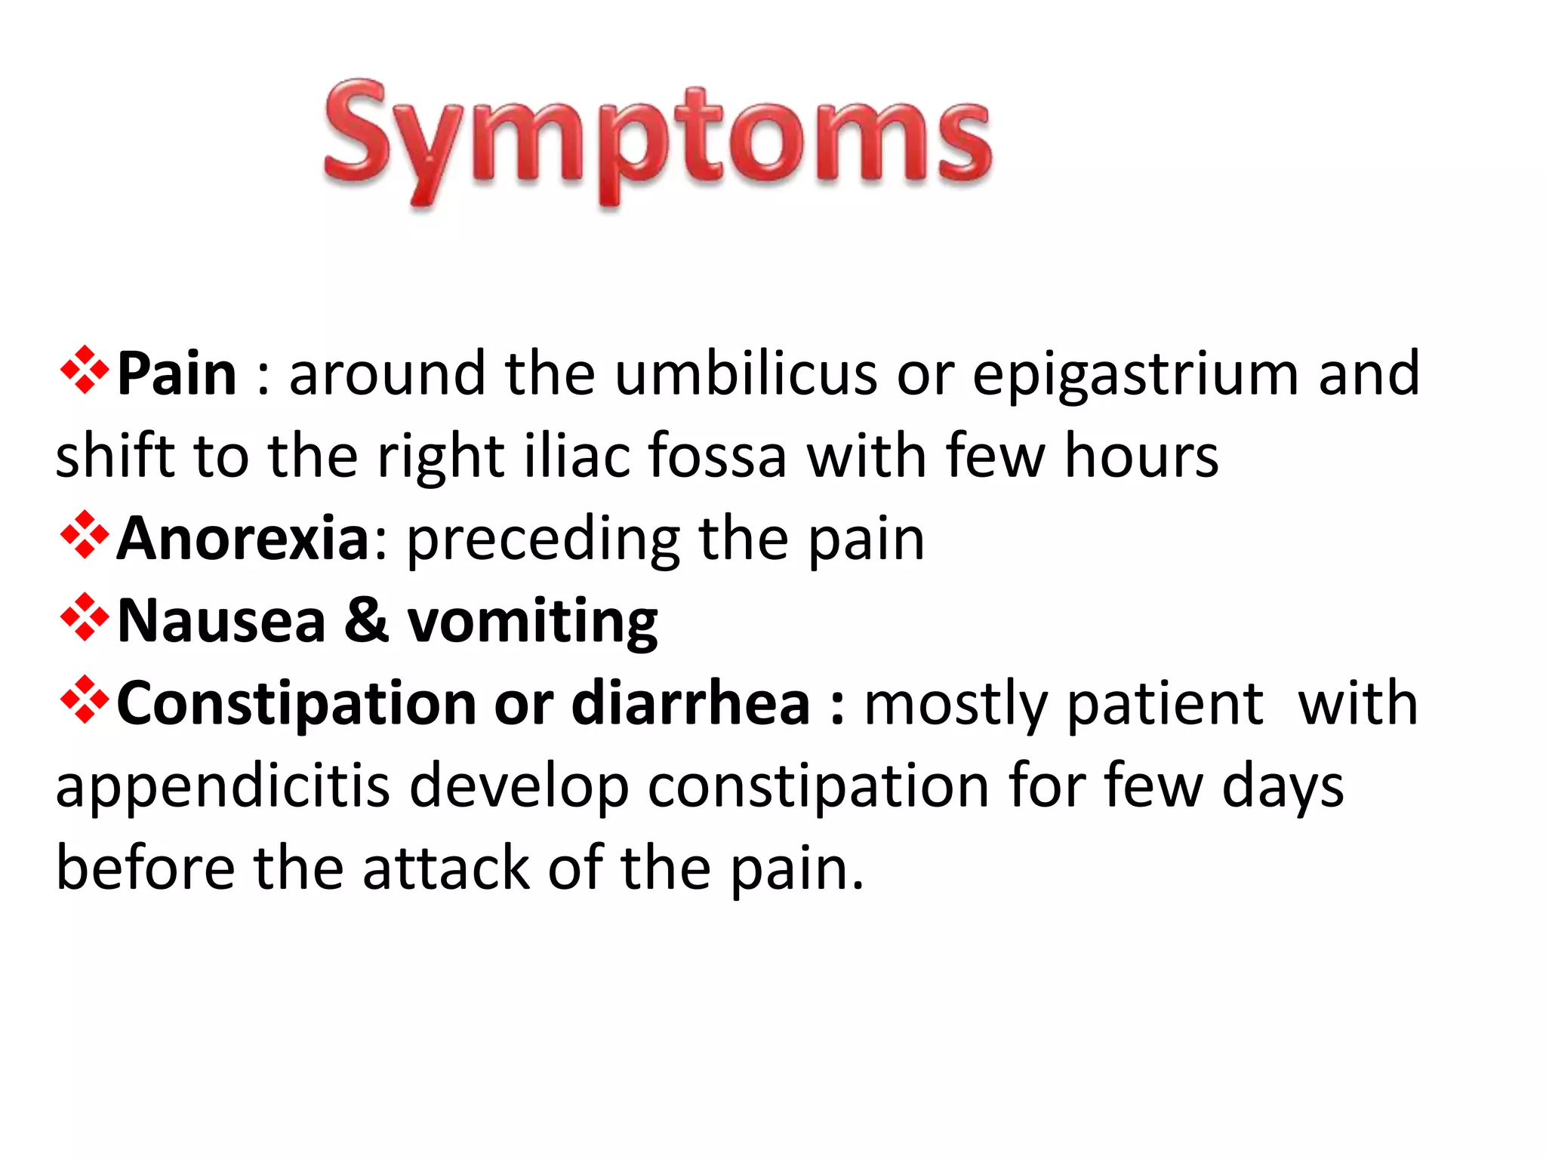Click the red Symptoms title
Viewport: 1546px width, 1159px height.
[657, 140]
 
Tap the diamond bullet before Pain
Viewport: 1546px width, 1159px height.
[85, 370]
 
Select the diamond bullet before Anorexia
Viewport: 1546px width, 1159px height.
[85, 536]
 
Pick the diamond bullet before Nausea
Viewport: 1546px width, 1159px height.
[85, 618]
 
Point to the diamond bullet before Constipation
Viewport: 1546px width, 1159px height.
[85, 700]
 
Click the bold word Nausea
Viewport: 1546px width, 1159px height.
[221, 620]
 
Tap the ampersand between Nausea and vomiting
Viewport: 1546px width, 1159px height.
[367, 620]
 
